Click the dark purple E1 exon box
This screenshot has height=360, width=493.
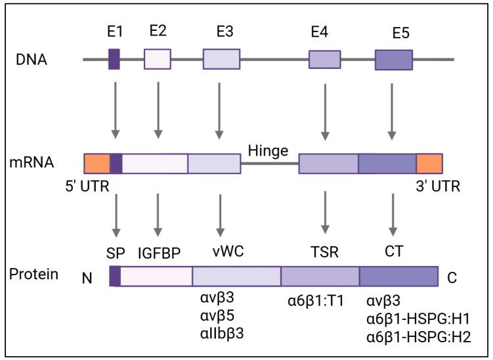pyautogui.click(x=114, y=59)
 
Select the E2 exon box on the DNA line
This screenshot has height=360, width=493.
pyautogui.click(x=158, y=59)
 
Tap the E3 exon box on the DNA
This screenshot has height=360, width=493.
pyautogui.click(x=221, y=59)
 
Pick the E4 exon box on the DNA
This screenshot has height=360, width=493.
pyautogui.click(x=325, y=59)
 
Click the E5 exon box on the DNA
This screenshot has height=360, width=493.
pyautogui.click(x=394, y=59)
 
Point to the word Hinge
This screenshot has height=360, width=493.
pyautogui.click(x=268, y=151)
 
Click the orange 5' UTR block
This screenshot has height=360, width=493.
pyautogui.click(x=97, y=164)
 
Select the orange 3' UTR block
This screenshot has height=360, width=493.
pyautogui.click(x=429, y=164)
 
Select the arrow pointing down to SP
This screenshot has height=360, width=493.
pyautogui.click(x=116, y=214)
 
